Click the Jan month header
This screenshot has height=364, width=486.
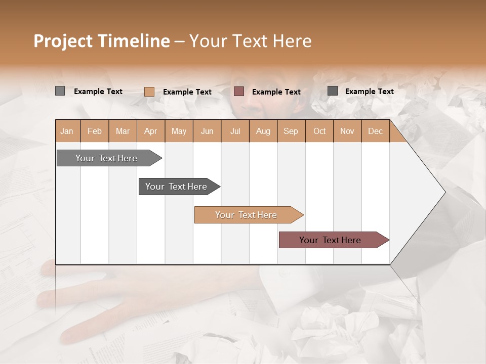click(67, 131)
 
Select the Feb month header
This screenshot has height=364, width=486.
click(95, 131)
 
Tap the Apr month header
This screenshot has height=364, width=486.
click(150, 131)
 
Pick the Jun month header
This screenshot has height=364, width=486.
click(207, 131)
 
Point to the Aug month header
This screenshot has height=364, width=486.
click(263, 131)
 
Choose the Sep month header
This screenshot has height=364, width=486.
click(291, 131)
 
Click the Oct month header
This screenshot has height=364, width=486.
click(319, 131)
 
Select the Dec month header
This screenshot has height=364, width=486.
click(375, 131)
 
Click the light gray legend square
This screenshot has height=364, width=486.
click(60, 91)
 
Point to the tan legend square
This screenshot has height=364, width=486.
click(149, 92)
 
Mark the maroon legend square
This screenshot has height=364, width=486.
click(239, 91)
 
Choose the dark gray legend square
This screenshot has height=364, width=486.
click(332, 91)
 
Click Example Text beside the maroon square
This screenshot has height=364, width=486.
click(276, 92)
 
